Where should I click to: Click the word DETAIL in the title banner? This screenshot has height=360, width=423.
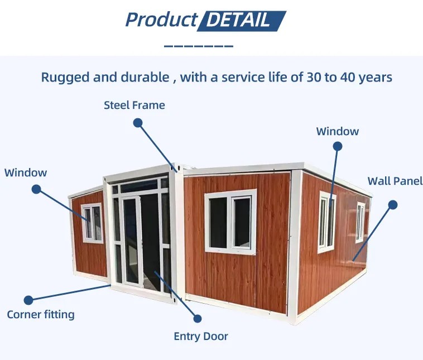[238, 20]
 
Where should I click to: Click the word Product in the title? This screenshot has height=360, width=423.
[161, 20]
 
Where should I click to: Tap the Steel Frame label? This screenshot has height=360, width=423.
[134, 105]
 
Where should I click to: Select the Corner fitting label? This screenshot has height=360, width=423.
[41, 315]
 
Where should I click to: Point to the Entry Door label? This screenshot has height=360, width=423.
[201, 337]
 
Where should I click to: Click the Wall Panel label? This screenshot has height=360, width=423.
[395, 181]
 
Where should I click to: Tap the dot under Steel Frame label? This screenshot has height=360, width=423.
[138, 123]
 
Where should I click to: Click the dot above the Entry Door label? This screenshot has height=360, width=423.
[198, 319]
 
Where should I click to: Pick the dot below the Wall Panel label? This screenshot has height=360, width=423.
[393, 205]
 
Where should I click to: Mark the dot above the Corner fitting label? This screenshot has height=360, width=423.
[28, 300]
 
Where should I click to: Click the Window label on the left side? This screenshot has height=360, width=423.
[26, 172]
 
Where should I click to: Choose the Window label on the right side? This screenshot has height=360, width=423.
[338, 131]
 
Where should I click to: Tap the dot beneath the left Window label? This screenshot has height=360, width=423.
[36, 189]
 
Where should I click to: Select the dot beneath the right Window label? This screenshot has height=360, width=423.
[338, 147]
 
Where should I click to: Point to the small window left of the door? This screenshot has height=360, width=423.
[92, 223]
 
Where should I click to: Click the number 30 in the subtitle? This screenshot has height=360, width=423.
[314, 78]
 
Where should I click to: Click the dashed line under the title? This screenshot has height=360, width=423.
[198, 46]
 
